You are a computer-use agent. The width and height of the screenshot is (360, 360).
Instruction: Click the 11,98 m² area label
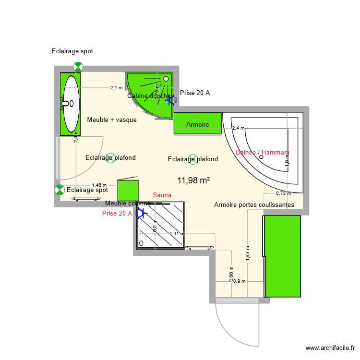coord(193,180)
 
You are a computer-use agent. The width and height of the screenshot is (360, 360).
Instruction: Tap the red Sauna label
coord(161,195)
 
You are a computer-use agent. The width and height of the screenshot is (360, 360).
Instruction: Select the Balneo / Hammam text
coord(263,153)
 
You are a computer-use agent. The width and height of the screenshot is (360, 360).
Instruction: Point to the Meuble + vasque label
coord(112,120)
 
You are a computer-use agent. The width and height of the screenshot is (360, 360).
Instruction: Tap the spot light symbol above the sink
coord(77,67)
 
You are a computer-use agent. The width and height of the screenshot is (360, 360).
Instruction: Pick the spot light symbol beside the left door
coord(60,190)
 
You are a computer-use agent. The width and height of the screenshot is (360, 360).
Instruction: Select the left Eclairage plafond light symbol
coord(110,157)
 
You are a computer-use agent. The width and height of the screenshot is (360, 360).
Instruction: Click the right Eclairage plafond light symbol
coord(192,159)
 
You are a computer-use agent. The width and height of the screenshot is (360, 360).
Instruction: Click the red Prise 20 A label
coord(117,213)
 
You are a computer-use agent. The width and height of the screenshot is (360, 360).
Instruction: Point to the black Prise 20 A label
coord(195,93)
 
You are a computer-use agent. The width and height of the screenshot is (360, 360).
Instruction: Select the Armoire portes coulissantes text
coord(254,205)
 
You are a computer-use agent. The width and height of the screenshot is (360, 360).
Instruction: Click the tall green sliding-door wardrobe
coord(283,256)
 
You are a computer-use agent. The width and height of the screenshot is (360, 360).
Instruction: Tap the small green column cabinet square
coord(128,190)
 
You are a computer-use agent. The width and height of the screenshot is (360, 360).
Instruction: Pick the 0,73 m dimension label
coord(283,193)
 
